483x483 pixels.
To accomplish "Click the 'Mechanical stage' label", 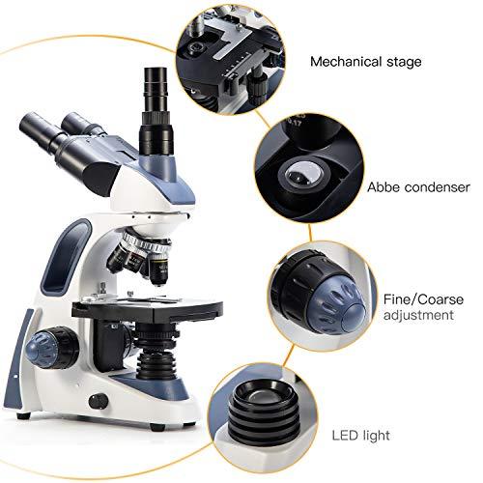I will [x=365, y=62].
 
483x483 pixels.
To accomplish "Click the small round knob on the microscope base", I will [x=95, y=401].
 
